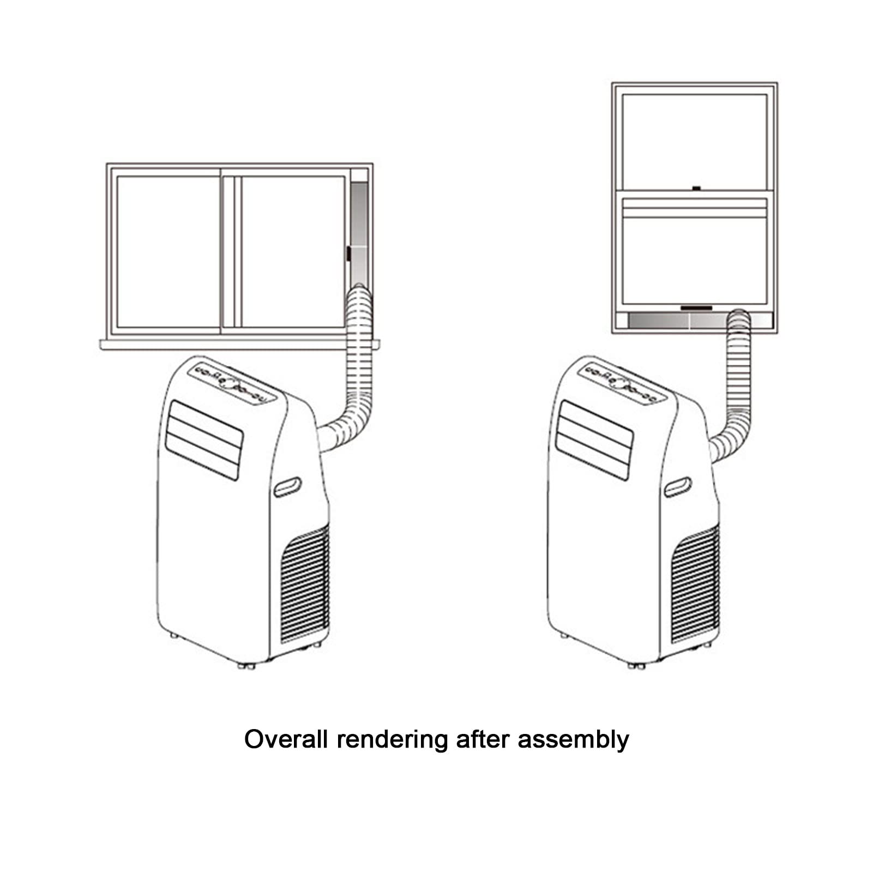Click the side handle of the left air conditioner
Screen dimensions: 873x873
[287, 487]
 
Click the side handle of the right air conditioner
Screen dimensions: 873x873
[677, 487]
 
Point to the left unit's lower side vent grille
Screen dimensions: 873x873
[305, 583]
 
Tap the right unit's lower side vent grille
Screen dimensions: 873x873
[695, 583]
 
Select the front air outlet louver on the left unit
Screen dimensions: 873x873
[204, 440]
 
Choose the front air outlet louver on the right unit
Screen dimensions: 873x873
[594, 440]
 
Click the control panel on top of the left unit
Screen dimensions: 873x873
[232, 383]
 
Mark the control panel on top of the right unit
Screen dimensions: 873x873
[622, 383]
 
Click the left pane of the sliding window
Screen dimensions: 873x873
[168, 251]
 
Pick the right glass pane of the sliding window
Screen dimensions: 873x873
[293, 251]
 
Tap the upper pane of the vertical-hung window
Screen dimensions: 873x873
[695, 141]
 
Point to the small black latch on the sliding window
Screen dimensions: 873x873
[347, 254]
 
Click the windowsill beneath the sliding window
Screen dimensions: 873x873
[239, 344]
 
